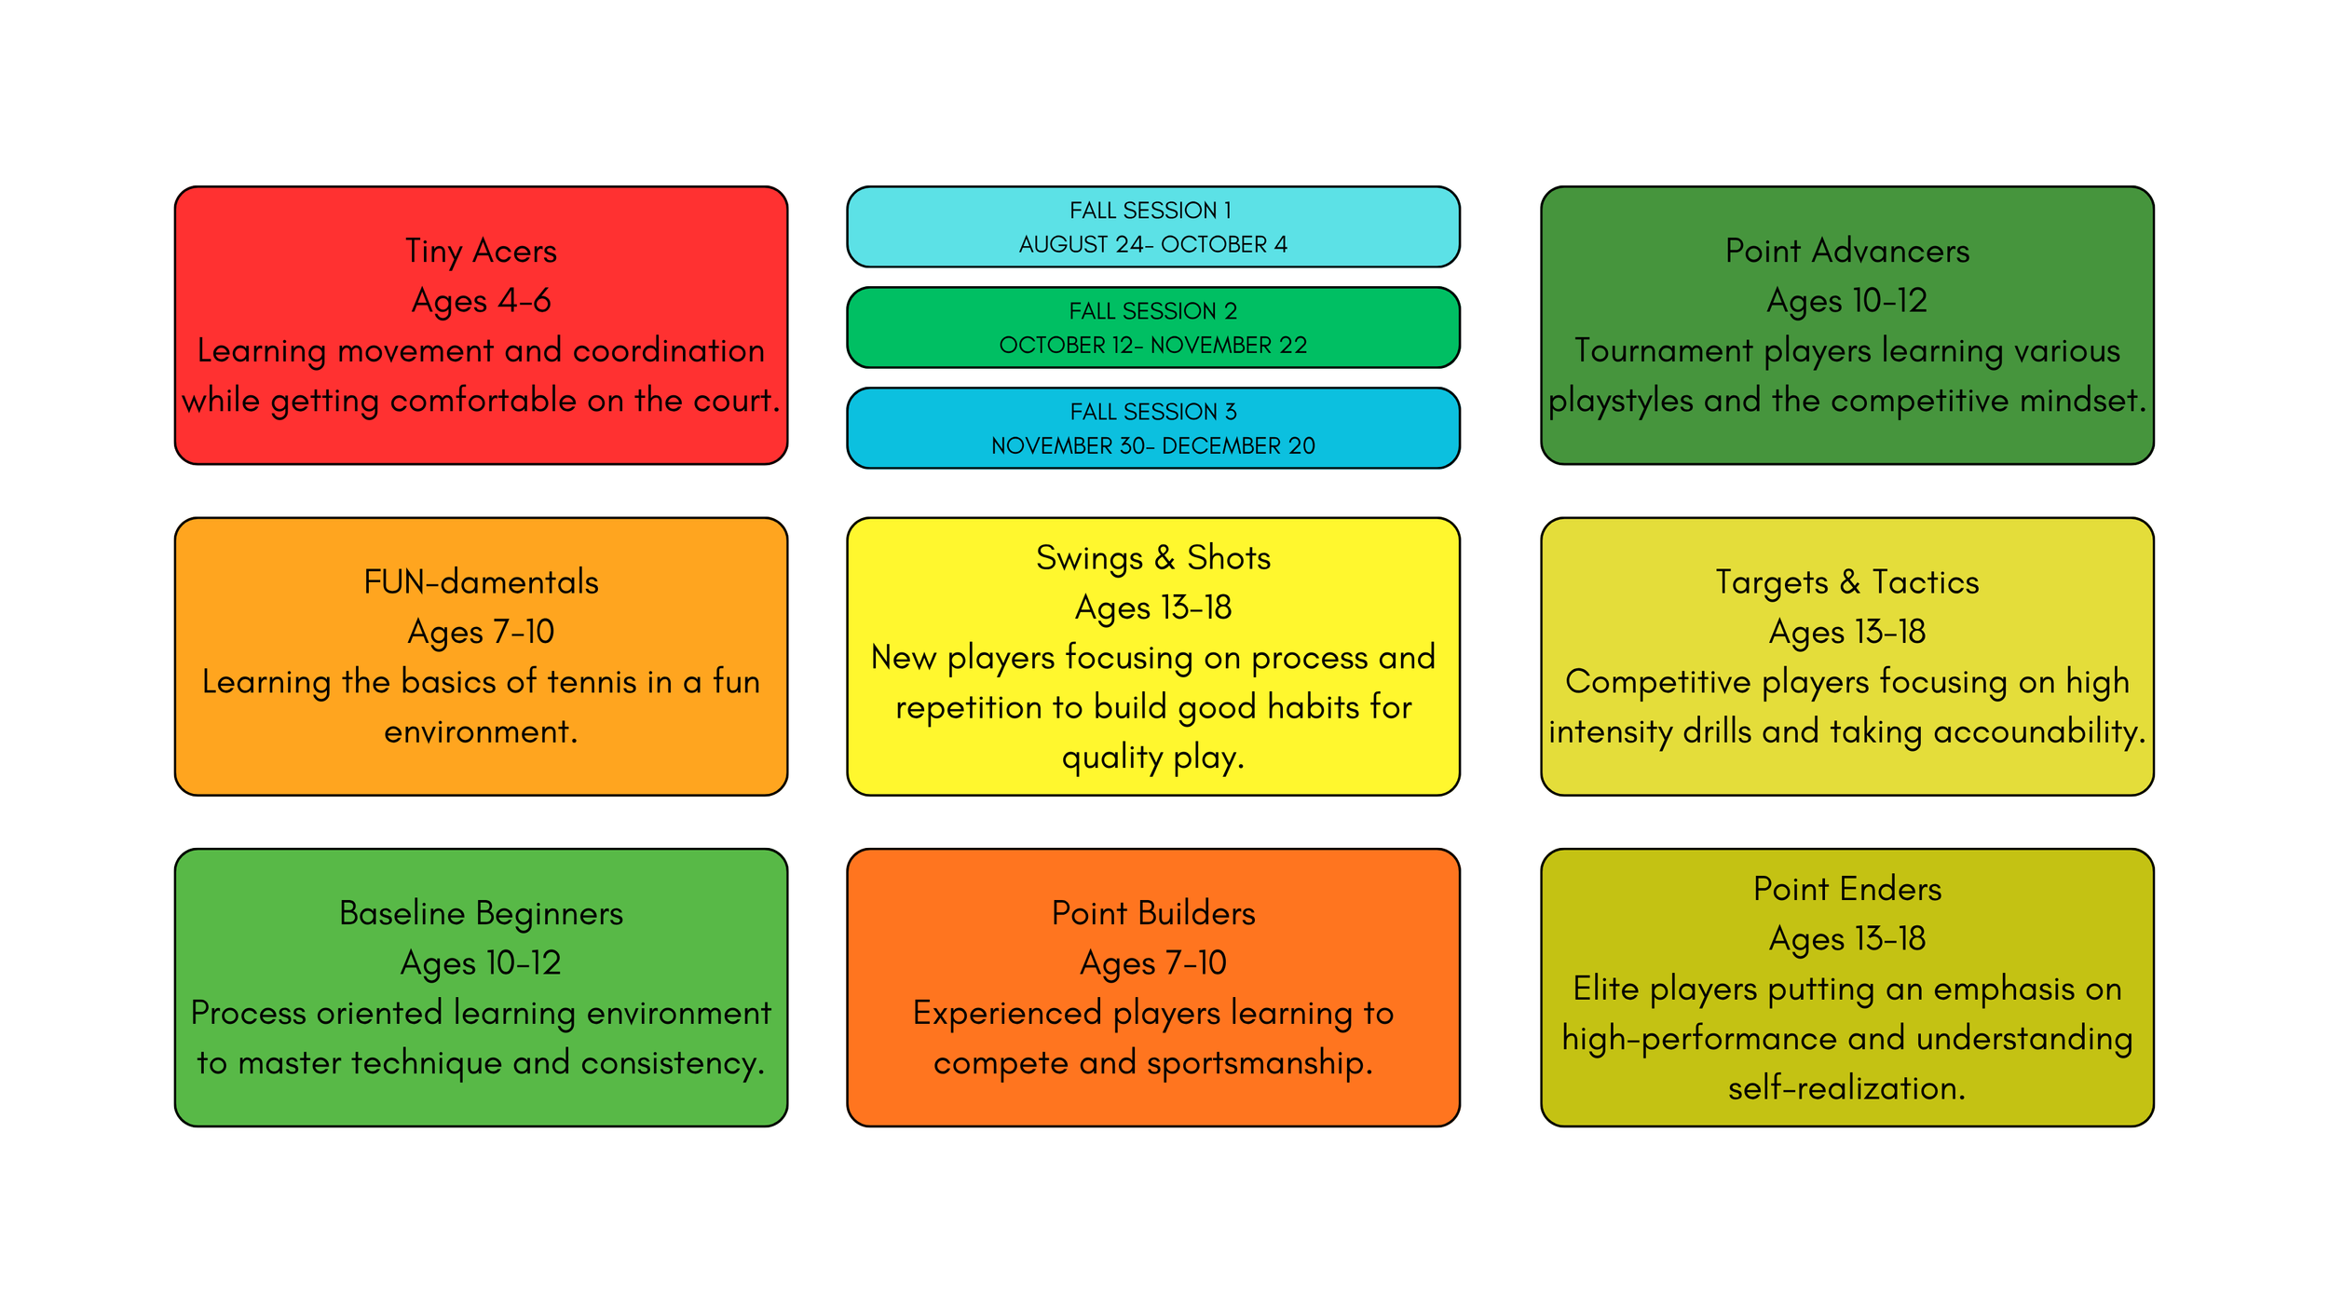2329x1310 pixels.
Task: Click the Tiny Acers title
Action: click(481, 252)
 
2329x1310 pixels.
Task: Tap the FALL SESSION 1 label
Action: click(1151, 211)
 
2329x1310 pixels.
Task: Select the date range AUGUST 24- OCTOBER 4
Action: click(1153, 244)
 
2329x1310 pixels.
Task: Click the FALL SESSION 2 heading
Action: click(1152, 311)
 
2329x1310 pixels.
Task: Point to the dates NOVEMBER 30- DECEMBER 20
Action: click(1153, 445)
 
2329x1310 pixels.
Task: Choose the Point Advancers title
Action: click(1847, 251)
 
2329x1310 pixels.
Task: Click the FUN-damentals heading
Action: click(481, 582)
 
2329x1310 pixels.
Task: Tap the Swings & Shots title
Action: click(1153, 558)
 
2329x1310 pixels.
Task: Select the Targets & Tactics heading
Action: click(1847, 582)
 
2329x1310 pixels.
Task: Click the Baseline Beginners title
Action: click(481, 913)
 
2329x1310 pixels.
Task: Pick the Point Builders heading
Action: click(1153, 913)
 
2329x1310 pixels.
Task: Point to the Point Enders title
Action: click(1847, 889)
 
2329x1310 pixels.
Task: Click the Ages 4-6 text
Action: click(481, 301)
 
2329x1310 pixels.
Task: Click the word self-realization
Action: click(1847, 1088)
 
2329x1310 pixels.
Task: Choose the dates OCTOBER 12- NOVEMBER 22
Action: click(1153, 345)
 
